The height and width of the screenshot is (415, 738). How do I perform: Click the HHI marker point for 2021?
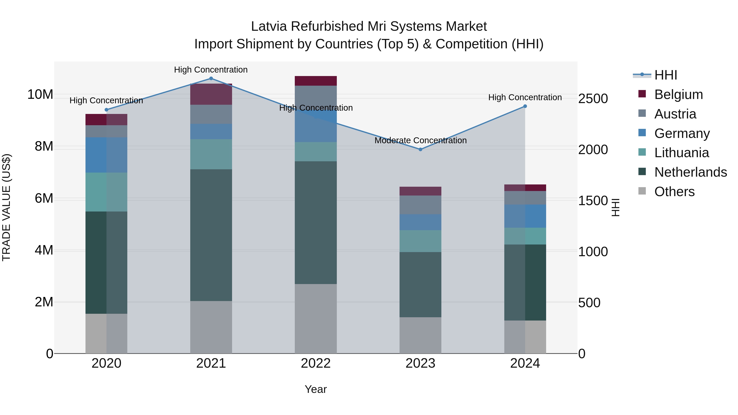pyautogui.click(x=211, y=78)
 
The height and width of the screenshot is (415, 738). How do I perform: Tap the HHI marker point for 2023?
pyautogui.click(x=420, y=150)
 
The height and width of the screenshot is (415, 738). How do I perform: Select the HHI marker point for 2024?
pyautogui.click(x=525, y=106)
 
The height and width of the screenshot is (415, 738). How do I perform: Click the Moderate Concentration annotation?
pyautogui.click(x=420, y=140)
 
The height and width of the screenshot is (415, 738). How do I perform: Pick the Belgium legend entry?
pyautogui.click(x=678, y=94)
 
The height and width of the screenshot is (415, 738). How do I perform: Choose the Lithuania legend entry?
pyautogui.click(x=681, y=153)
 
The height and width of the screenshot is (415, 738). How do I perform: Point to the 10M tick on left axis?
pyautogui.click(x=40, y=94)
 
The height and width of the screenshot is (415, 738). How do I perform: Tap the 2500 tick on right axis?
pyautogui.click(x=593, y=99)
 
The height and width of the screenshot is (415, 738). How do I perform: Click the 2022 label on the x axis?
pyautogui.click(x=316, y=363)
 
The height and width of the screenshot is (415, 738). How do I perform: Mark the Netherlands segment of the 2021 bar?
pyautogui.click(x=211, y=235)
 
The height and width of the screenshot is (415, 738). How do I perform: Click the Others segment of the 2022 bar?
pyautogui.click(x=316, y=318)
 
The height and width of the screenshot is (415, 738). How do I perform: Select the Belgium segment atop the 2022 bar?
pyautogui.click(x=316, y=81)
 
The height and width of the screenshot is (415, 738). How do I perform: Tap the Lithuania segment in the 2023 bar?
pyautogui.click(x=420, y=241)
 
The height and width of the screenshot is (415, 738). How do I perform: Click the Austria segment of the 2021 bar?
pyautogui.click(x=211, y=114)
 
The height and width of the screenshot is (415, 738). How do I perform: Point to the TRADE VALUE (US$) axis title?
pyautogui.click(x=6, y=207)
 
